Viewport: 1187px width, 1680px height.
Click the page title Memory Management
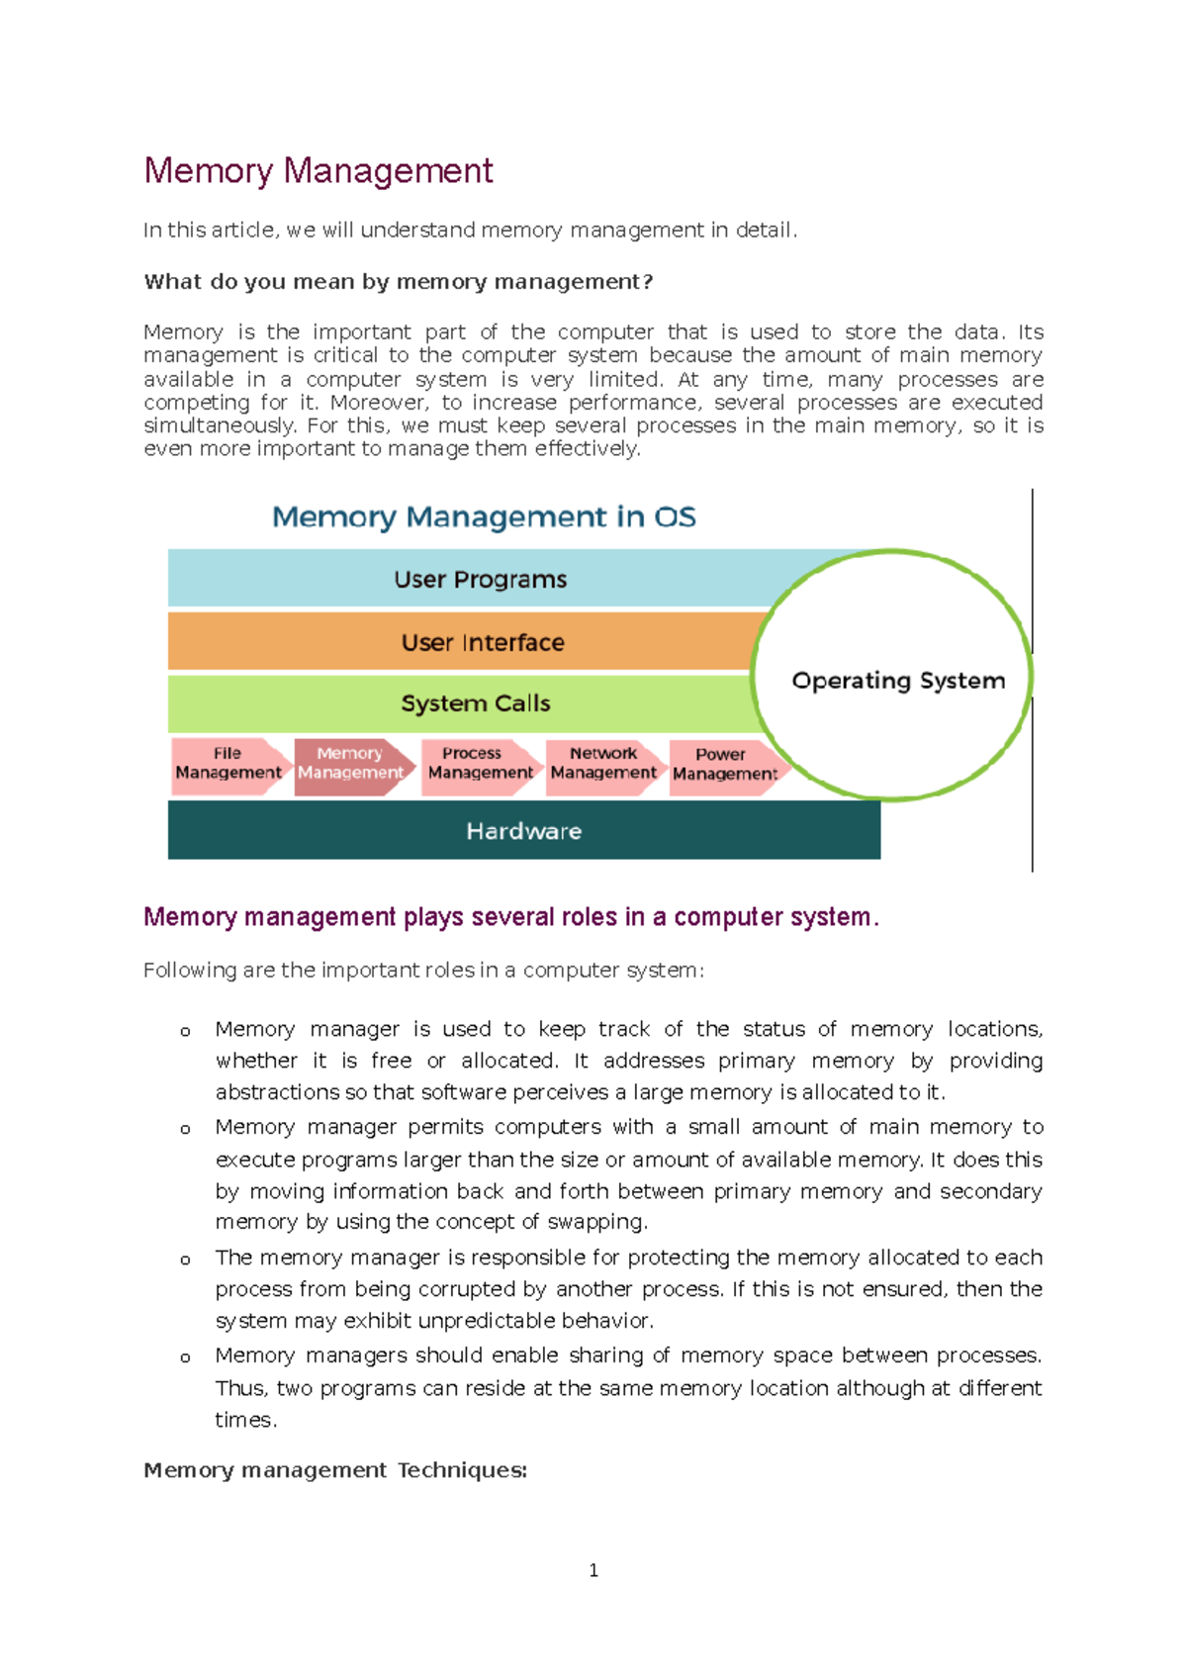[318, 171]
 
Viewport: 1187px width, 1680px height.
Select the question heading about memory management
[398, 282]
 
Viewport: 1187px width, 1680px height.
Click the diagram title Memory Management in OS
[484, 516]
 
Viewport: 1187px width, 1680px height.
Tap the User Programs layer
[480, 579]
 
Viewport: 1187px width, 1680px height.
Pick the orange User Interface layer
[482, 642]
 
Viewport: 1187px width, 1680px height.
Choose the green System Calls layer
[475, 703]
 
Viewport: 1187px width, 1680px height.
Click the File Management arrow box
[228, 765]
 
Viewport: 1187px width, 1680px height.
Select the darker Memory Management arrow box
[350, 765]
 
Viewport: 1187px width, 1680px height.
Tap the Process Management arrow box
[479, 765]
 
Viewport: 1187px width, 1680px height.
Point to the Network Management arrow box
[602, 765]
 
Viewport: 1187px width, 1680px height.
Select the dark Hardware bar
[523, 831]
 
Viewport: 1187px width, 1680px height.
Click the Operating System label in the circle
[897, 681]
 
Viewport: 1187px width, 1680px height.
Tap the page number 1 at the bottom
[593, 1570]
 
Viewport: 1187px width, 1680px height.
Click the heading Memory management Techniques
[335, 1470]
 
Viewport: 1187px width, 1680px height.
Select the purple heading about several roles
[510, 917]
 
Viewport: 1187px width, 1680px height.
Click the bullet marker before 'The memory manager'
[185, 1260]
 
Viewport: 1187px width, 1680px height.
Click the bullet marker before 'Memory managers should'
[185, 1358]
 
